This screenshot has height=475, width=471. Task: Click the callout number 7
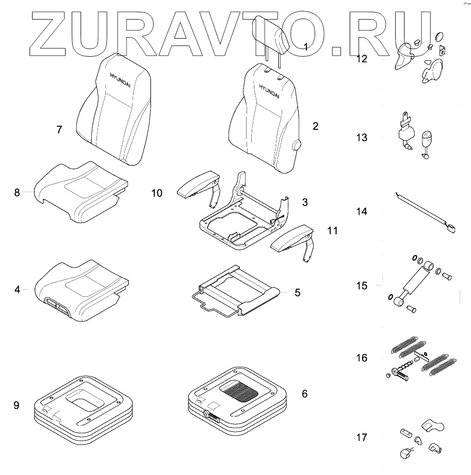click(x=59, y=129)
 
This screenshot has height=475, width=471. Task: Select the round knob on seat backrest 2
click(x=297, y=146)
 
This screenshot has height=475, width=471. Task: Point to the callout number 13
click(x=362, y=138)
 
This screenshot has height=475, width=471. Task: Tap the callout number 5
click(x=297, y=292)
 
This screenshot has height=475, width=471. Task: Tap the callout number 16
click(x=362, y=358)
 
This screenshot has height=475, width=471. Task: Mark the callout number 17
click(x=362, y=437)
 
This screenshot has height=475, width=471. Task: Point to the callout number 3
click(x=305, y=202)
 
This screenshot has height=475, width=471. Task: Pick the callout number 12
click(x=362, y=59)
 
